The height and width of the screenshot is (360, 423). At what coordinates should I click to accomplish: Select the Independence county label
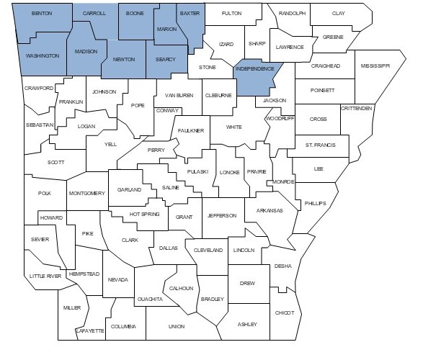(x=254, y=69)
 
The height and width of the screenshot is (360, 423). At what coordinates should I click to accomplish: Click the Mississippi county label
(x=375, y=65)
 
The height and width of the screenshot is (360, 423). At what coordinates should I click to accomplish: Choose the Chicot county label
(x=284, y=312)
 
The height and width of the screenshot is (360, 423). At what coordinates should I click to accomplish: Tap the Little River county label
(x=45, y=276)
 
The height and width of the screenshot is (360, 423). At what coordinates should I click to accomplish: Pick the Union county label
(x=177, y=326)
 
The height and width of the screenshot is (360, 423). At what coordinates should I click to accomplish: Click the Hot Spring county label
(x=143, y=215)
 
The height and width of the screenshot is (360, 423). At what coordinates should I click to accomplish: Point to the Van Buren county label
(x=179, y=94)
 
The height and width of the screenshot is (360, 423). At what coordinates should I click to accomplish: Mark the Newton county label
(x=123, y=60)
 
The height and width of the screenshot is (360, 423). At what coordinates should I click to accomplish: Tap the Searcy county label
(x=165, y=59)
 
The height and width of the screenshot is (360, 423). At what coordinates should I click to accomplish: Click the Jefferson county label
(x=221, y=215)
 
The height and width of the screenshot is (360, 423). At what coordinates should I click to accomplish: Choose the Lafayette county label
(x=91, y=330)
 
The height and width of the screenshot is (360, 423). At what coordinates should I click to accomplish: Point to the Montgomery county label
(x=86, y=193)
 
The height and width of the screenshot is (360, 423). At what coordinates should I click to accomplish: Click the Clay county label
(x=338, y=14)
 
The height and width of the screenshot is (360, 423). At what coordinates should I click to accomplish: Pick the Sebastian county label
(x=40, y=125)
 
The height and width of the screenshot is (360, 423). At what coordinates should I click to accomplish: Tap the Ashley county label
(x=247, y=324)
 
